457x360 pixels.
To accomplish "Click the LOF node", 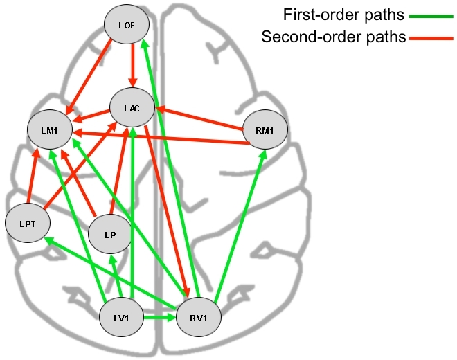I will (x=127, y=25).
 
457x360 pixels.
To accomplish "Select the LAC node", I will (x=132, y=108).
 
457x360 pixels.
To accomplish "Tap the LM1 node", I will (x=48, y=130).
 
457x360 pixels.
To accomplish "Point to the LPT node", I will (x=26, y=224).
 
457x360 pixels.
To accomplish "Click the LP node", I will (x=109, y=235).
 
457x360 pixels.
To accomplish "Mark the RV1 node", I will (x=200, y=318).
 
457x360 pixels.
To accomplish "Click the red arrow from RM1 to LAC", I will (x=201, y=117).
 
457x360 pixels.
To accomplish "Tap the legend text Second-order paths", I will (x=333, y=37).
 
